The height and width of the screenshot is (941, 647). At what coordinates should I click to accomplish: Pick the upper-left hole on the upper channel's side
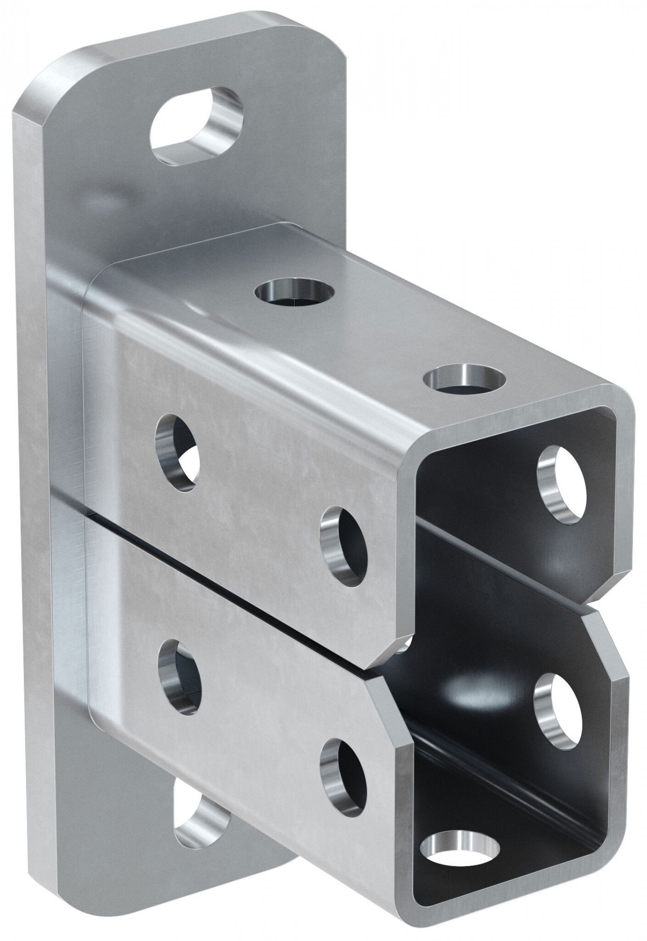[177, 450]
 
